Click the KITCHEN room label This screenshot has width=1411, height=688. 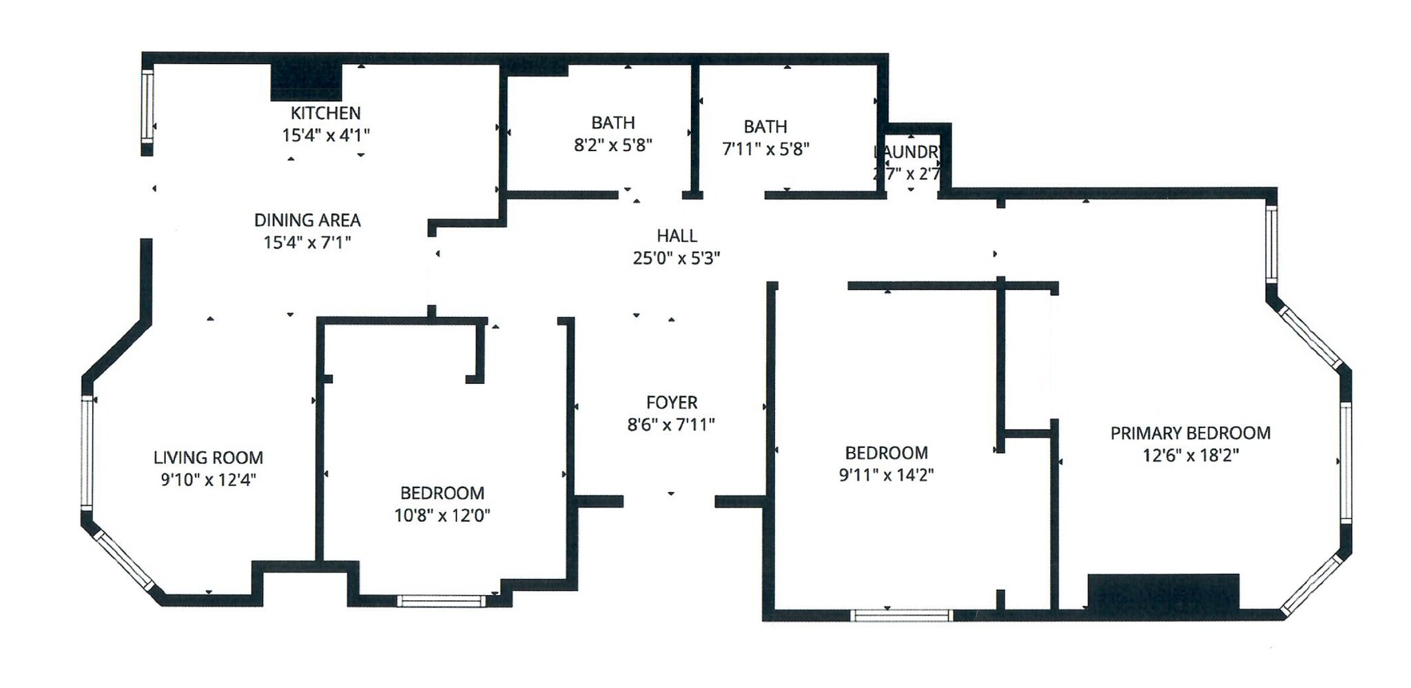[x=325, y=113]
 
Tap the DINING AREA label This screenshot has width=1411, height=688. [x=307, y=221]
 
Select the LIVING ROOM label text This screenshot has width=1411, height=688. [x=208, y=458]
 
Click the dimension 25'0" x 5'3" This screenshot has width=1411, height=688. [x=677, y=259]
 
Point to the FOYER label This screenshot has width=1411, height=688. [x=672, y=403]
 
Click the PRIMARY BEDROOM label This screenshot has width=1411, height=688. [x=1191, y=434]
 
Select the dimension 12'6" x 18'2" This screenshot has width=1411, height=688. [x=1191, y=456]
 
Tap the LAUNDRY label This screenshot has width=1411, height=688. [x=908, y=152]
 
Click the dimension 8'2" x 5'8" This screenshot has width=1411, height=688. [x=613, y=145]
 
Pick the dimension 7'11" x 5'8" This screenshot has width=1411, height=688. [x=765, y=150]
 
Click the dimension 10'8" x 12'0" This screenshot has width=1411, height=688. [x=442, y=516]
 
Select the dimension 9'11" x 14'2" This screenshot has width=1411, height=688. [x=886, y=476]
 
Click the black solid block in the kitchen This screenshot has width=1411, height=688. [x=306, y=81]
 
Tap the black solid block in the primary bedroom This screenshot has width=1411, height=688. [x=1163, y=592]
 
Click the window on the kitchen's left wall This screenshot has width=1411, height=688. [x=147, y=106]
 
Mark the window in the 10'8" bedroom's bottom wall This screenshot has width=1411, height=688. [x=441, y=601]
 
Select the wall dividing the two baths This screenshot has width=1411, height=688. [x=695, y=128]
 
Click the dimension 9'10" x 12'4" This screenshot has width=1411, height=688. [x=208, y=480]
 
